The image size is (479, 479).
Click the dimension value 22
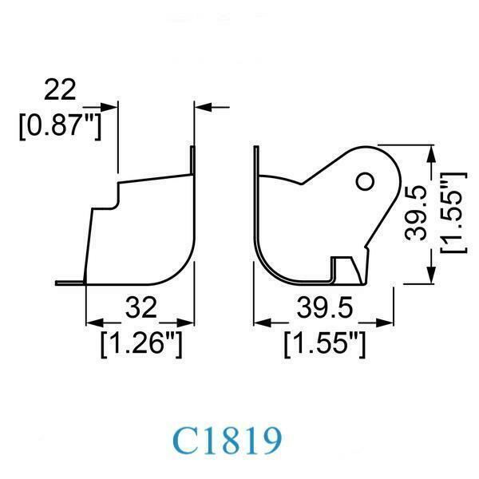pos(60,89)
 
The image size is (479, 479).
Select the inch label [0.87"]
pos(60,126)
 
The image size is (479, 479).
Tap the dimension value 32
pos(141,308)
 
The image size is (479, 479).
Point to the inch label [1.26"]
pos(141,344)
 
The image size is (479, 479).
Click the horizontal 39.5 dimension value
pos(325,308)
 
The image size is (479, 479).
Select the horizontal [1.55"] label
pos(325,344)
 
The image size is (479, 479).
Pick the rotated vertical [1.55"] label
pos(453,213)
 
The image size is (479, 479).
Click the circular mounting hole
pos(365,181)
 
